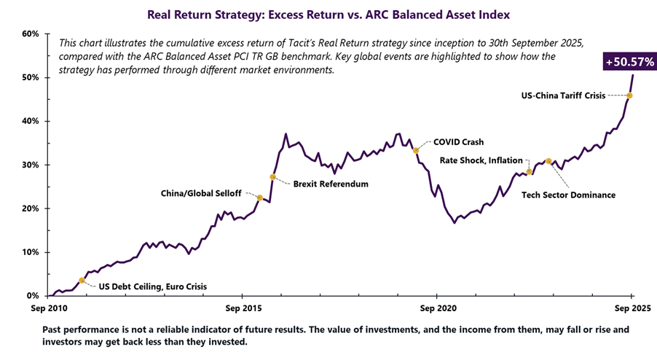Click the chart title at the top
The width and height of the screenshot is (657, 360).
pyautogui.click(x=328, y=14)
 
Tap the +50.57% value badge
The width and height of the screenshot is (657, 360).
pyautogui.click(x=629, y=63)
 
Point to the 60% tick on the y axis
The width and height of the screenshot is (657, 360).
pyautogui.click(x=30, y=34)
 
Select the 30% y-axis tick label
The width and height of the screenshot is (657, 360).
pyautogui.click(x=30, y=165)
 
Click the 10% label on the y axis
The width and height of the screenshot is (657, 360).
pyautogui.click(x=30, y=252)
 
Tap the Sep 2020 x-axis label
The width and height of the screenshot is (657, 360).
pyautogui.click(x=436, y=307)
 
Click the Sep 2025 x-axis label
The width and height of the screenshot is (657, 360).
pyautogui.click(x=631, y=307)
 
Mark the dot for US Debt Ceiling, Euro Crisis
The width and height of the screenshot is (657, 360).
pyautogui.click(x=82, y=280)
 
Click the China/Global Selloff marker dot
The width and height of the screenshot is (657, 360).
pyautogui.click(x=260, y=197)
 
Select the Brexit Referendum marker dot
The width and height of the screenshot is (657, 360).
pyautogui.click(x=273, y=177)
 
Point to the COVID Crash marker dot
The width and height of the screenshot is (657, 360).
pyautogui.click(x=415, y=151)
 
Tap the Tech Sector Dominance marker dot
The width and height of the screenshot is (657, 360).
pyautogui.click(x=548, y=161)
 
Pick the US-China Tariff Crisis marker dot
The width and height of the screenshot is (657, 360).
pyautogui.click(x=629, y=95)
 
